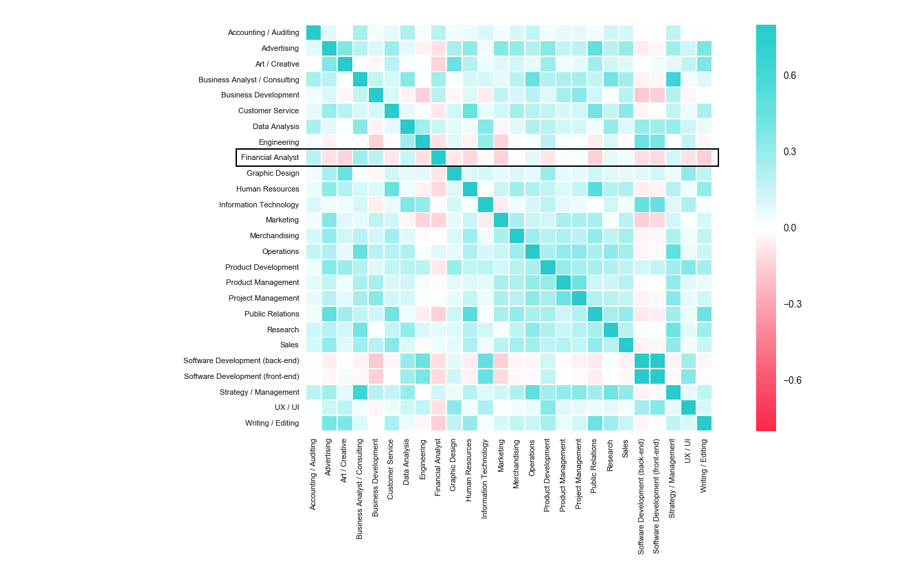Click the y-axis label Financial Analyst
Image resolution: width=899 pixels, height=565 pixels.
270,157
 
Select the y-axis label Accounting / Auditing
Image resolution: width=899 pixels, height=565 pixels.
263,32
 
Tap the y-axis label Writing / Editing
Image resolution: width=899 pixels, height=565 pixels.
272,423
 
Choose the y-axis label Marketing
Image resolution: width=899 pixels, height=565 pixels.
282,220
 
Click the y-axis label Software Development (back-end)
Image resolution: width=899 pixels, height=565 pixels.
241,360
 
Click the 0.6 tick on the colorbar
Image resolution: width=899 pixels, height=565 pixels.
790,76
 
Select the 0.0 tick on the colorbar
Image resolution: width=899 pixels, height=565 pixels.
790,228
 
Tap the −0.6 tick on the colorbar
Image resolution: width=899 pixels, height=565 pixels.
792,380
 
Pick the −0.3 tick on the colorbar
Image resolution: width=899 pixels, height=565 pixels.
792,304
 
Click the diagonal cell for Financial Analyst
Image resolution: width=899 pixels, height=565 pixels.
438,157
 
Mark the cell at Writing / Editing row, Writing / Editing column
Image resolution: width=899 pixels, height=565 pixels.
704,423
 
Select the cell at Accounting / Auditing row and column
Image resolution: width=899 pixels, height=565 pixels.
313,32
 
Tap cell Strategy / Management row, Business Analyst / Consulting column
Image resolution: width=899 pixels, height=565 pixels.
360,392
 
